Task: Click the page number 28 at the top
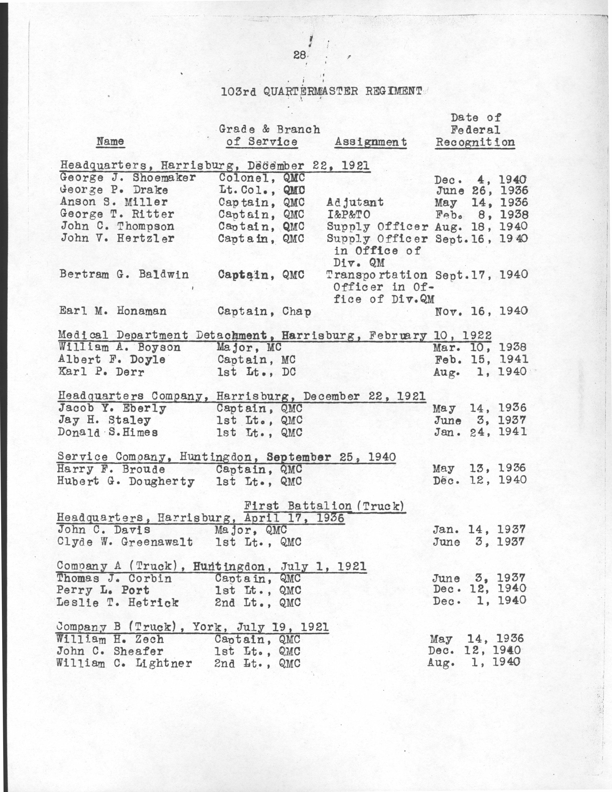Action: click(x=300, y=55)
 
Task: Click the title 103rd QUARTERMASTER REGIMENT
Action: click(x=322, y=91)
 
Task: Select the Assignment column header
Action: click(x=371, y=142)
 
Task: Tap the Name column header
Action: click(x=110, y=141)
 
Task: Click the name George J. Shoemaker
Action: click(x=128, y=178)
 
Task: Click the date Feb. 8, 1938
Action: click(x=481, y=214)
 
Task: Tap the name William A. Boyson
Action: click(x=120, y=348)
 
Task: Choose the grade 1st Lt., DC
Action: click(x=256, y=372)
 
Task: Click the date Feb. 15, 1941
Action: click(x=481, y=359)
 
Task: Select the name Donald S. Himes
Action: click(x=108, y=432)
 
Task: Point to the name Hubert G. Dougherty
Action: click(x=126, y=481)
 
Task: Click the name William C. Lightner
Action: click(x=124, y=663)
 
